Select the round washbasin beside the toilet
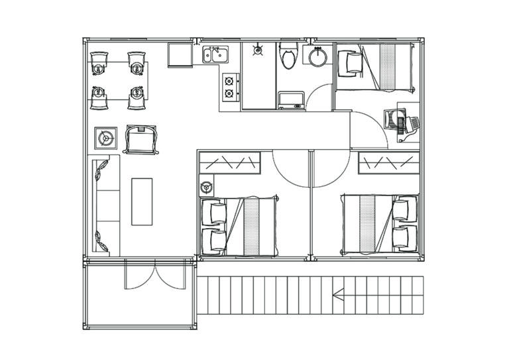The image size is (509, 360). [317, 57]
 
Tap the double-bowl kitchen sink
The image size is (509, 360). [214, 54]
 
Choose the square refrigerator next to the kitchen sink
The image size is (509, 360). [179, 55]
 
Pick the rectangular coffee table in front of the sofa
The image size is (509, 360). [141, 201]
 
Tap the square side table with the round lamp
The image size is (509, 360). [105, 137]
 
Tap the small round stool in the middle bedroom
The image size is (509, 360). [205, 188]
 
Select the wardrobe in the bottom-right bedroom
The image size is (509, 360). [388, 162]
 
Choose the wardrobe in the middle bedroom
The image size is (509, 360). [229, 162]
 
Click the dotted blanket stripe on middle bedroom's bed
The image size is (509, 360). [253, 226]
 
